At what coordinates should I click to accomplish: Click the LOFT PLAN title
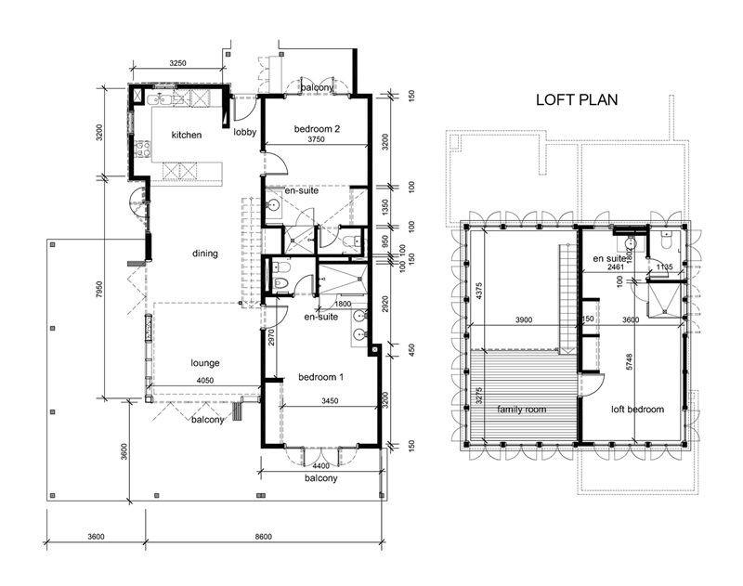577,100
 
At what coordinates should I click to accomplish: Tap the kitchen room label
187,135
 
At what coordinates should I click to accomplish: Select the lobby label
244,132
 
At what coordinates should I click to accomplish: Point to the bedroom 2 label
317,128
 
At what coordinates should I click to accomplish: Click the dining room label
204,254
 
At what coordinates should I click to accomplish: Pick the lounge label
204,363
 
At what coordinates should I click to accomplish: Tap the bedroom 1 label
320,377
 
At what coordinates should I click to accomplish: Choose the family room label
521,410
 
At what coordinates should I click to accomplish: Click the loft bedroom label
637,410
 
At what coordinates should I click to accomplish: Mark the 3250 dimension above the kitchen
177,63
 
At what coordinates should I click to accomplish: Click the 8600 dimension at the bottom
264,537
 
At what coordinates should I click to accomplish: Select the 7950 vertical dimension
99,289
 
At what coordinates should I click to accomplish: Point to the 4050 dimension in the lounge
204,381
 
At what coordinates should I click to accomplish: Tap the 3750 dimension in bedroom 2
316,139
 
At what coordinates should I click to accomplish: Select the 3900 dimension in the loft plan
524,319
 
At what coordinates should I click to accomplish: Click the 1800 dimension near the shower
343,304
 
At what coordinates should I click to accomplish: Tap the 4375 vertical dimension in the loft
479,291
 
